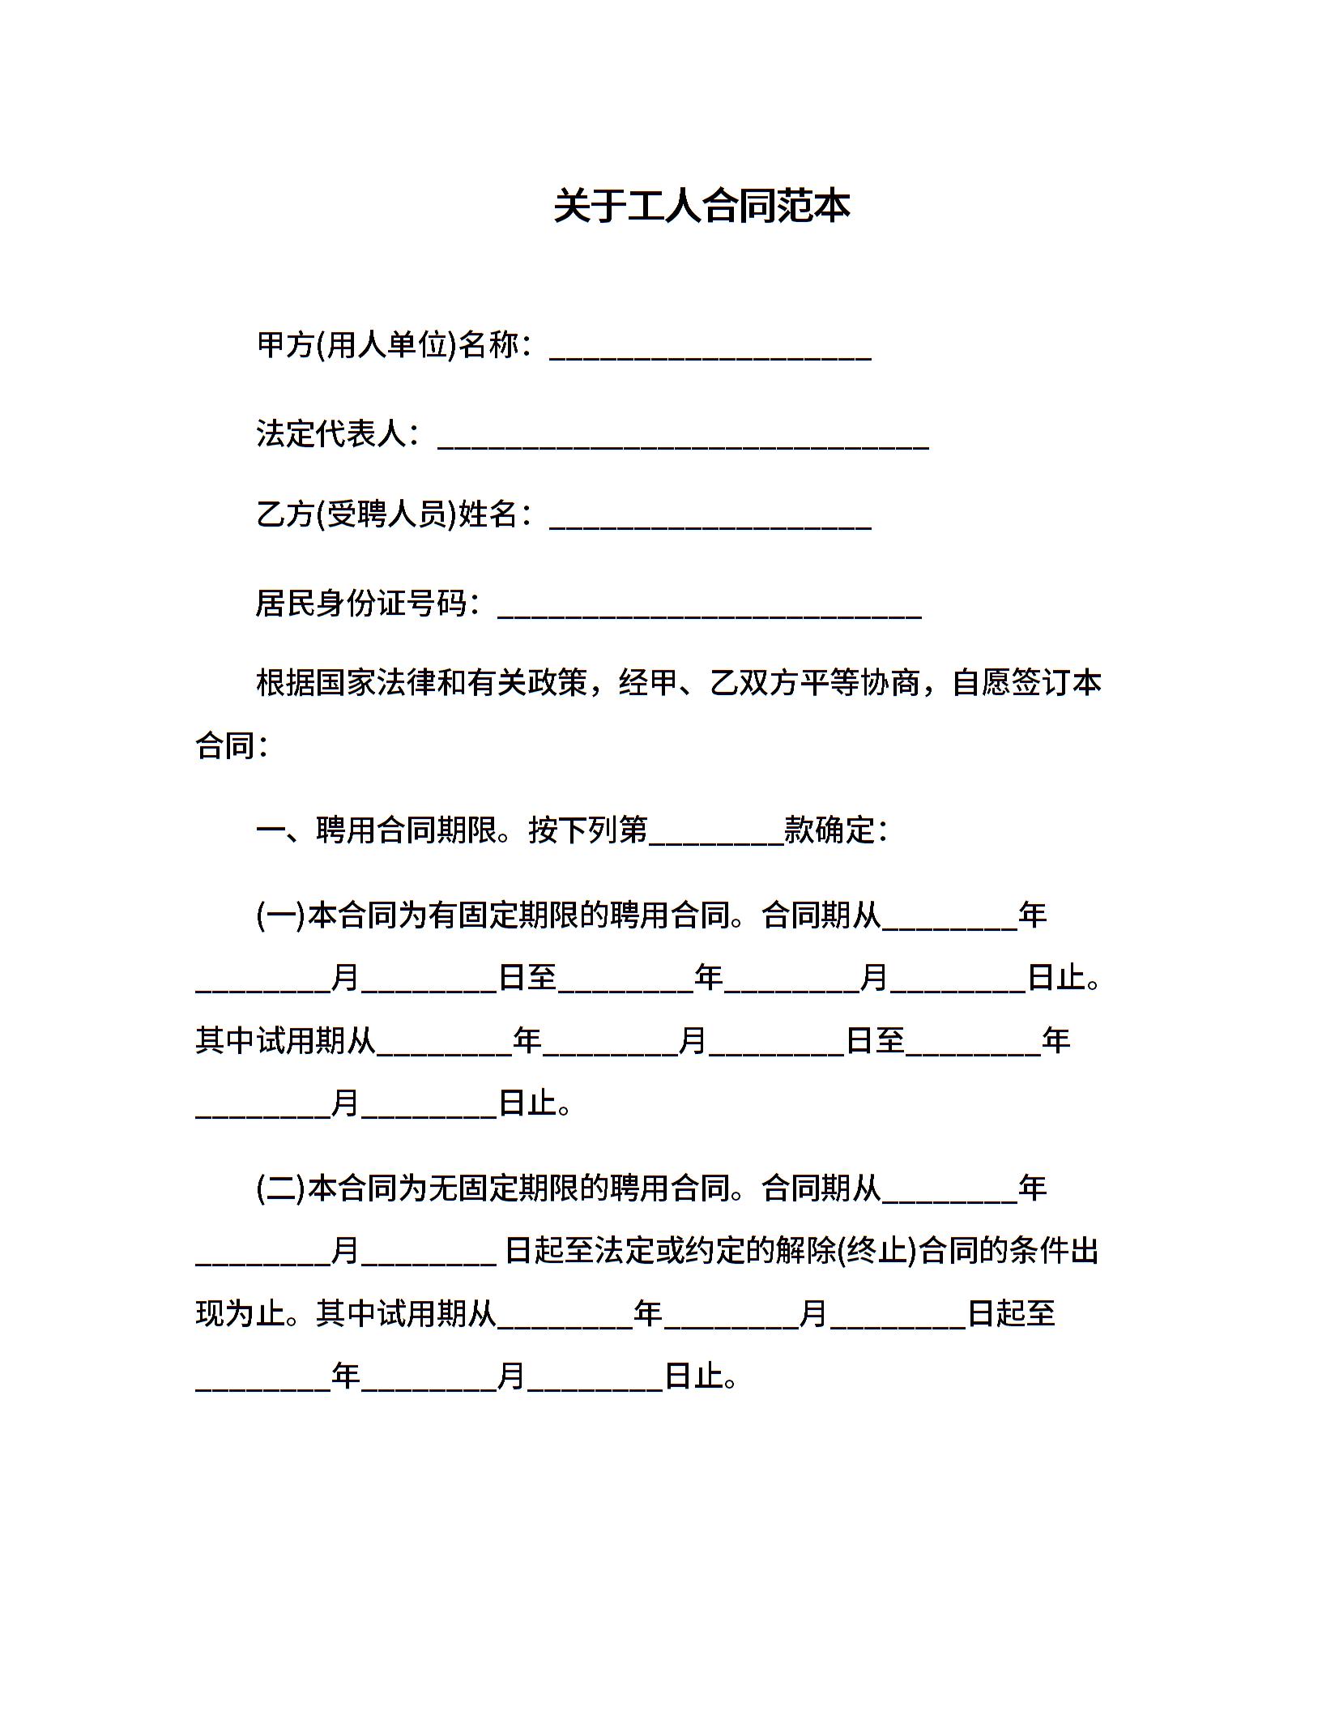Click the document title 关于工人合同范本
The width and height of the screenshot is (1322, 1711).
click(702, 206)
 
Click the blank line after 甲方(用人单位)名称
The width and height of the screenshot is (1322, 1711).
click(710, 349)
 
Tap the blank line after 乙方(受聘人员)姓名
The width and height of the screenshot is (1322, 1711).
click(710, 518)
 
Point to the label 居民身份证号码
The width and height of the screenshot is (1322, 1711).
click(361, 603)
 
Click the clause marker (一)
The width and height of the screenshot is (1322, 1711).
click(280, 915)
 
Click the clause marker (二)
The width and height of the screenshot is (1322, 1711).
click(280, 1188)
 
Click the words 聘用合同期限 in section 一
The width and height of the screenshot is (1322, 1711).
click(407, 830)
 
